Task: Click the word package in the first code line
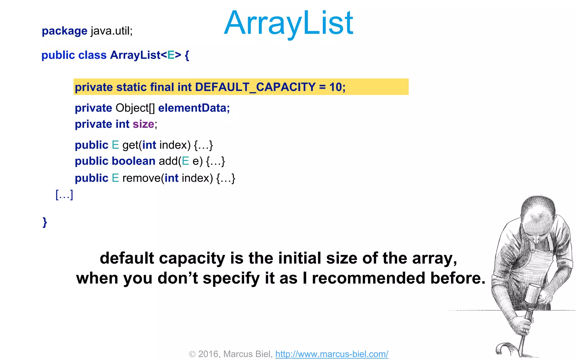click(64, 31)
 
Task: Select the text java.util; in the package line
click(111, 31)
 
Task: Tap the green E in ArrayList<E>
click(171, 55)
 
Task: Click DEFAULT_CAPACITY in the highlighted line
click(255, 87)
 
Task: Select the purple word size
click(143, 124)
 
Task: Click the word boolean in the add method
click(134, 161)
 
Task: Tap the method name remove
click(141, 178)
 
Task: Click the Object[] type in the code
click(135, 108)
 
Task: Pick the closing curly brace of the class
click(45, 222)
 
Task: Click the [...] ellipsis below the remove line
click(64, 195)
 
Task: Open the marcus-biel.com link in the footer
click(332, 354)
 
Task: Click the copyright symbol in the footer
click(192, 354)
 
